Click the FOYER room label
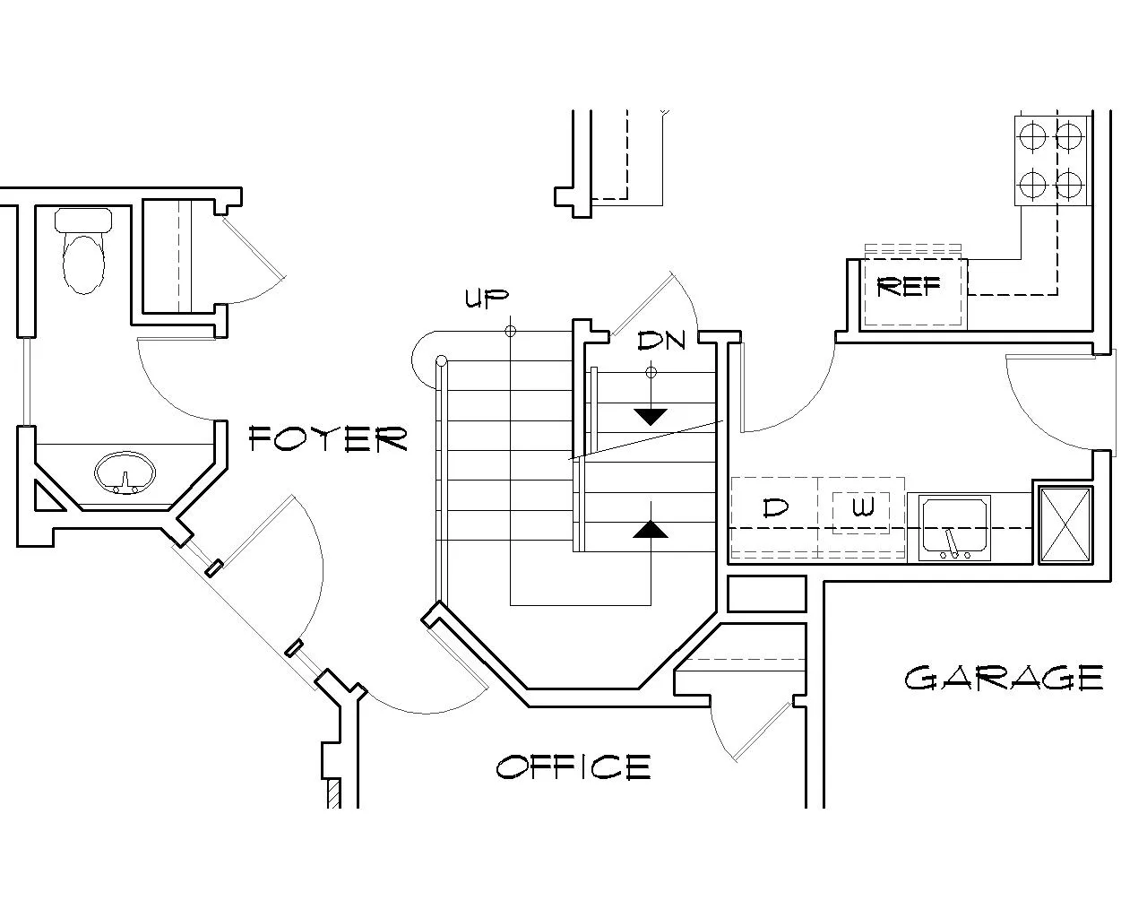pos(328,438)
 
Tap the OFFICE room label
pos(573,766)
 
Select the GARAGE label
pos(1004,678)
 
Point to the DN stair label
pos(661,341)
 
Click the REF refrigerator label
pos(909,287)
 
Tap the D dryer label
pos(775,507)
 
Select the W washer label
pos(863,507)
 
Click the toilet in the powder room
pos(83,251)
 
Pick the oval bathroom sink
pos(125,473)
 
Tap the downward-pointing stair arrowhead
pos(651,417)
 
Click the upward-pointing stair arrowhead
pos(651,529)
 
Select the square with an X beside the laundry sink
pos(1064,524)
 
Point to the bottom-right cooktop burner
pos(1069,184)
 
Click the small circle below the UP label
pos(511,331)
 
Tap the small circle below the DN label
pos(651,372)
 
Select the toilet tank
pos(83,221)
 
